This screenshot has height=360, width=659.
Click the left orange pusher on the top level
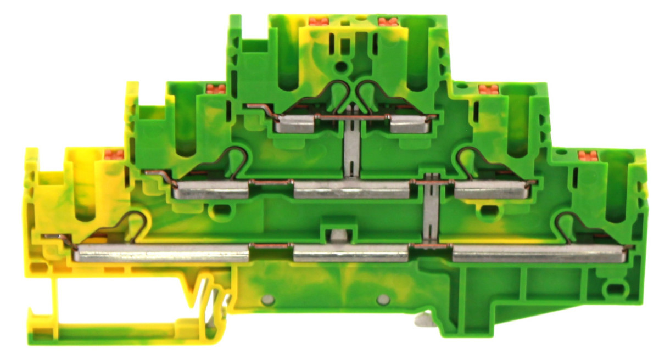click(319, 21)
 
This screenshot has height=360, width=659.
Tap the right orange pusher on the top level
click(388, 21)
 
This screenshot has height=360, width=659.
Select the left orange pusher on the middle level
click(215, 89)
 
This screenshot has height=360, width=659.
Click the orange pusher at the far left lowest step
click(114, 155)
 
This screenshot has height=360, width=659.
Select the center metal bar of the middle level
click(351, 190)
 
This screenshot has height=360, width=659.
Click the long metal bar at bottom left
click(162, 254)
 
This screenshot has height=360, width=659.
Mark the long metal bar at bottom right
click(539, 254)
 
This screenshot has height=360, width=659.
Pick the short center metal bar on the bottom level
click(351, 254)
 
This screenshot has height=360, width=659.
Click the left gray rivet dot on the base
click(268, 299)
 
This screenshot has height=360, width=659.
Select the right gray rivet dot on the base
click(383, 299)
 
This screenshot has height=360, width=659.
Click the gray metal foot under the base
click(427, 320)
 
